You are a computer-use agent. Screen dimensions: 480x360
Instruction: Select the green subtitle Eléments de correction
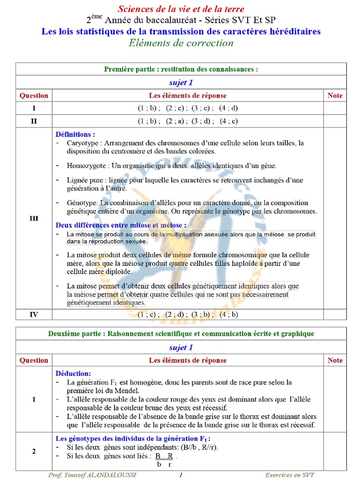click(180, 43)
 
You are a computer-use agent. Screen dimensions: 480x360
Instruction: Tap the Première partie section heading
click(180, 69)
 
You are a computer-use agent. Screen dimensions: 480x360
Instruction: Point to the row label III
click(34, 218)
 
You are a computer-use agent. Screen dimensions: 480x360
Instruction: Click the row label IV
click(34, 315)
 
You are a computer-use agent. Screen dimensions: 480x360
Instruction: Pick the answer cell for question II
click(187, 121)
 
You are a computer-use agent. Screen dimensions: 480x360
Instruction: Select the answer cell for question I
click(187, 108)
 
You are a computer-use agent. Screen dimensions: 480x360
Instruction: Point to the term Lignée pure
click(85, 180)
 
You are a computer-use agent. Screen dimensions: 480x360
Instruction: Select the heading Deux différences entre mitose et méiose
click(120, 225)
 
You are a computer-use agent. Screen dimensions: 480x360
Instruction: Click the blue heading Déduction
click(73, 374)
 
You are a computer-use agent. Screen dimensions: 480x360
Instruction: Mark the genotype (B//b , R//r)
click(188, 447)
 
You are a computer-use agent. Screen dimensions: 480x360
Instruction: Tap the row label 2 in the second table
click(34, 451)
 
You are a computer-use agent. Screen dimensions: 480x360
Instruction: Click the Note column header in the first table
click(335, 96)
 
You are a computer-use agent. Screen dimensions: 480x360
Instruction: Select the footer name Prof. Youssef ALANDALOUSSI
click(92, 475)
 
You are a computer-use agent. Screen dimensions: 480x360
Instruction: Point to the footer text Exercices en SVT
click(290, 475)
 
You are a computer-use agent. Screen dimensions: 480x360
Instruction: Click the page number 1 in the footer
click(180, 475)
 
